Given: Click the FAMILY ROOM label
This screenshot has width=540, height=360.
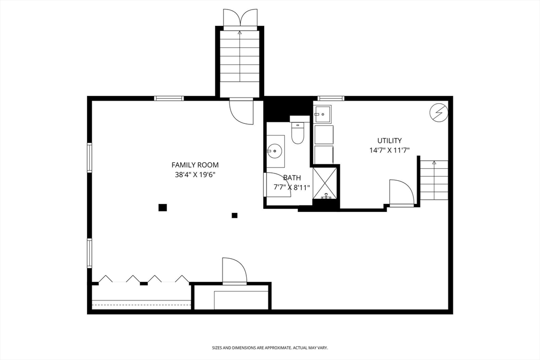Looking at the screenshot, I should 195,165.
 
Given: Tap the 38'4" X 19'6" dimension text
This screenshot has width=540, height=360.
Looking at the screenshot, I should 195,174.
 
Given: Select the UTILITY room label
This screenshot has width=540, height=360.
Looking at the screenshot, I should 389,141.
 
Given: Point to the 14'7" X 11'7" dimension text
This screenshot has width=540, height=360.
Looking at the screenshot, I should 389,150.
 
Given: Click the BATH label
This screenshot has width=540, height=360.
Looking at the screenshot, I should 292,178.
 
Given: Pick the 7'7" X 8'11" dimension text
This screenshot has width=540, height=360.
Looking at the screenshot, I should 292,187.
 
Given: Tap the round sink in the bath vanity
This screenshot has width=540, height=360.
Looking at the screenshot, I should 274,151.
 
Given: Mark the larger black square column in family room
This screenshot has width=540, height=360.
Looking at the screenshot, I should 162,207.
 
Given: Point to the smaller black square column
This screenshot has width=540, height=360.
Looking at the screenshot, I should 235,215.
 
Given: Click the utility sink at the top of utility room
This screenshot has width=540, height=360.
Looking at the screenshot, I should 322,114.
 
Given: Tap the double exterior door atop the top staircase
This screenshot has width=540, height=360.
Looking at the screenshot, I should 239,17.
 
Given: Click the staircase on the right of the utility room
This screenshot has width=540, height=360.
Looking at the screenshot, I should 434,180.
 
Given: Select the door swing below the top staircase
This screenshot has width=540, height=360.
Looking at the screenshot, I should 242,111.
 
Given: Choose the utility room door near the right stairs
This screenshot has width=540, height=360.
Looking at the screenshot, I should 401,193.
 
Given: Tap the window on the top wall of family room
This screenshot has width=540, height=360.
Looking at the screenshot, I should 169,98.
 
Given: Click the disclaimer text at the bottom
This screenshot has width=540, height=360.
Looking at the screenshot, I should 269,348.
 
